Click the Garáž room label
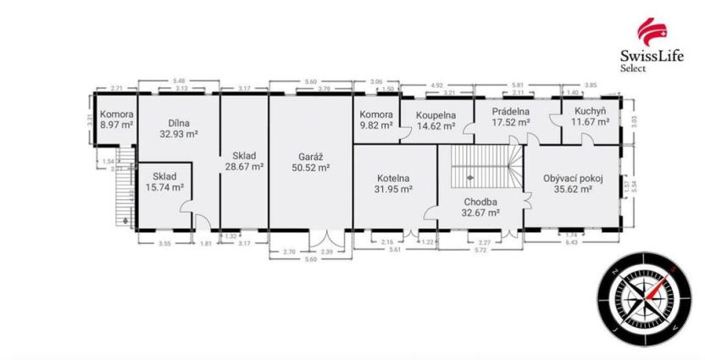tap(310, 156)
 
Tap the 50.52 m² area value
tap(310, 168)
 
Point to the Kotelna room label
tap(393, 178)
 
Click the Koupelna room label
tap(436, 115)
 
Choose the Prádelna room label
tap(511, 111)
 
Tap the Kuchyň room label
tap(589, 111)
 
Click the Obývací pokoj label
tap(573, 179)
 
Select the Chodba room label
tap(480, 202)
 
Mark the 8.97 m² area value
tap(116, 125)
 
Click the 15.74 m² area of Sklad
tap(165, 187)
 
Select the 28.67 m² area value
tap(244, 168)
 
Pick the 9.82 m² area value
tap(375, 125)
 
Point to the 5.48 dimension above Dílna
tap(179, 81)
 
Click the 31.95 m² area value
tap(393, 190)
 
